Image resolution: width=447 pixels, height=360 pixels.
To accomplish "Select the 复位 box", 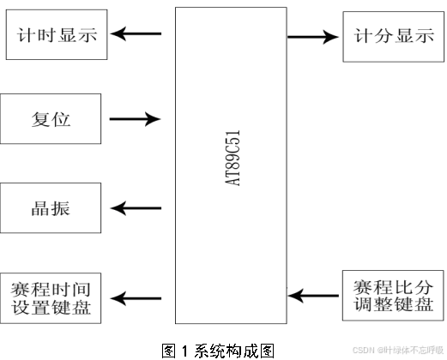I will tap(51, 118).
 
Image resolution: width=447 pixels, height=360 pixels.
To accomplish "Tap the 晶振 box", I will tap(51, 208).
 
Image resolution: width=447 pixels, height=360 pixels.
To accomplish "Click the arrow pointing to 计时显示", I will tap(136, 34).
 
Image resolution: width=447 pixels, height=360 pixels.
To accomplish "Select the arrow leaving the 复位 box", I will tap(136, 118).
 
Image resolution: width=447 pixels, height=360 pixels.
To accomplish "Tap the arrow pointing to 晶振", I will tap(136, 208).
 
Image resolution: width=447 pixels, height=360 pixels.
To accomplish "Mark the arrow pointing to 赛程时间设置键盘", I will tap(136, 297).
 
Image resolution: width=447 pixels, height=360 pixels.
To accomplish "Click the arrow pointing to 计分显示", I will tap(312, 37).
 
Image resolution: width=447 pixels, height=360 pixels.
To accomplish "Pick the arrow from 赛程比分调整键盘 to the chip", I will tap(312, 295).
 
